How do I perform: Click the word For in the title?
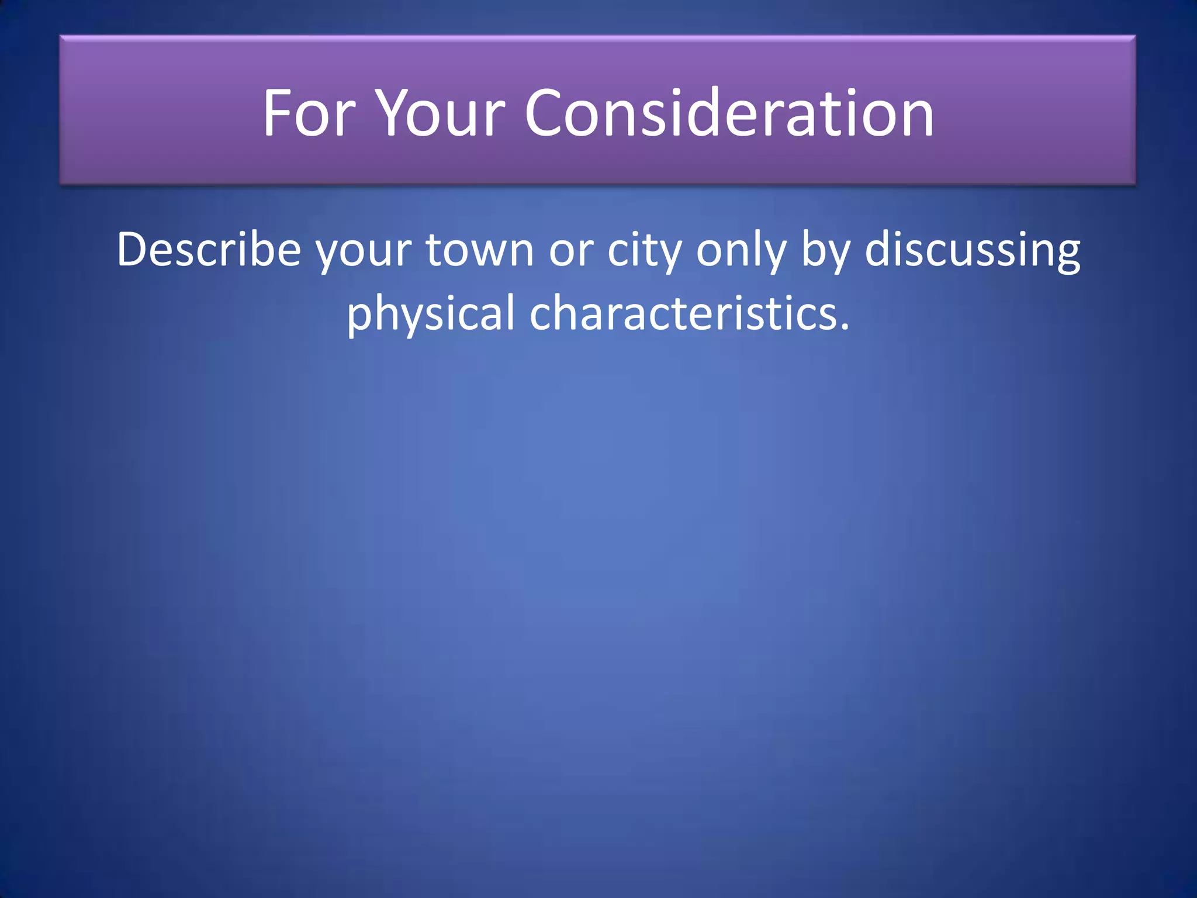pos(309,113)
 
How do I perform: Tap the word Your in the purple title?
pos(440,113)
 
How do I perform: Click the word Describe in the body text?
pos(209,250)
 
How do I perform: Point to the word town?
pos(480,250)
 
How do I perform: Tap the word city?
pos(644,251)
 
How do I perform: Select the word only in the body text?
pos(741,251)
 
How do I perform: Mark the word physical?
pos(431,315)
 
